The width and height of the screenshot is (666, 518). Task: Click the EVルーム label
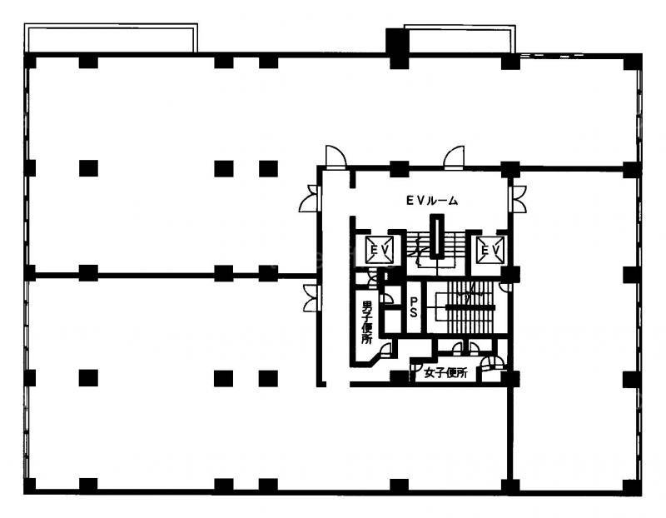[432, 201]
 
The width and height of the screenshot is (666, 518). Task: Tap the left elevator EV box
[380, 250]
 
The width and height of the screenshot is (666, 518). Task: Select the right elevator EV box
[490, 251]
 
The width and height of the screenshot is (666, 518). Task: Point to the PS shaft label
[413, 307]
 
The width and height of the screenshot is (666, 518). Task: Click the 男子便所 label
[365, 322]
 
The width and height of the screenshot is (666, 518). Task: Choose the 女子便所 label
[445, 373]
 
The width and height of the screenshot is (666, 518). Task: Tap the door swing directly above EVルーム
[454, 157]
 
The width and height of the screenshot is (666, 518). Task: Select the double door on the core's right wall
[517, 199]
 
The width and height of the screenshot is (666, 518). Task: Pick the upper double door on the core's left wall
[309, 198]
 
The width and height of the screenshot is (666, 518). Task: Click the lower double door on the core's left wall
[311, 298]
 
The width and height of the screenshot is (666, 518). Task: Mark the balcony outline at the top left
[112, 37]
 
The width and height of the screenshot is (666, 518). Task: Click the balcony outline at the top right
[460, 38]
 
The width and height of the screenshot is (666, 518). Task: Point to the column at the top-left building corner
[30, 61]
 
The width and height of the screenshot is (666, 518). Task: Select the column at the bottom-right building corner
[633, 486]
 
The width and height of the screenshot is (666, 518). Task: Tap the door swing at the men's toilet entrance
[385, 349]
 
